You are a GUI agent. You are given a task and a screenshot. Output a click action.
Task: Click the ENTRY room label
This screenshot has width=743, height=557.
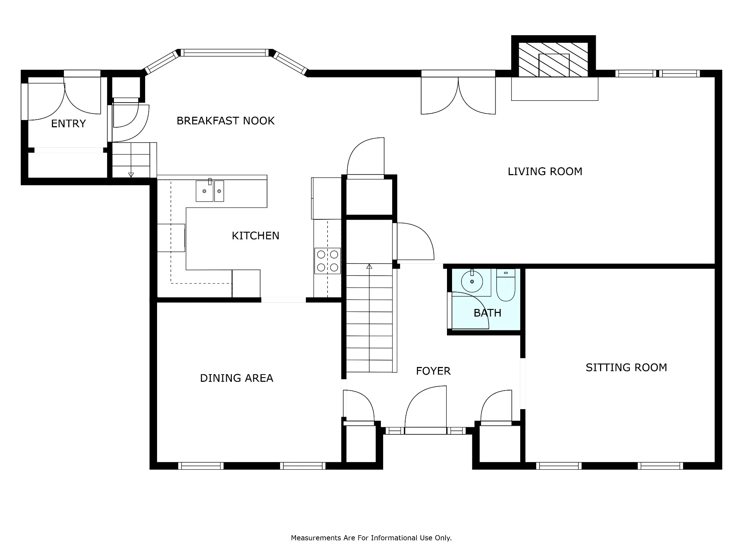[x=68, y=124]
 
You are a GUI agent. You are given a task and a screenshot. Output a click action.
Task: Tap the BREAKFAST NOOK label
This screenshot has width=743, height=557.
[x=225, y=121]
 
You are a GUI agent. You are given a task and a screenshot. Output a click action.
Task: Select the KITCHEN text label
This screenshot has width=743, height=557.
[x=255, y=236]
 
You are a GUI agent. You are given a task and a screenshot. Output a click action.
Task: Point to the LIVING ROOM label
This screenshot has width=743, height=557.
[x=545, y=172]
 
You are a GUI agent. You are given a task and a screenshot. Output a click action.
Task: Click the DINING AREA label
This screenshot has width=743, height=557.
[x=237, y=378]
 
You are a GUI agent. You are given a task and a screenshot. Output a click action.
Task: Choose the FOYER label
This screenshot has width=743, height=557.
[x=433, y=371]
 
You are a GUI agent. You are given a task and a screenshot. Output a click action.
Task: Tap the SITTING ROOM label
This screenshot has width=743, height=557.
[x=626, y=368]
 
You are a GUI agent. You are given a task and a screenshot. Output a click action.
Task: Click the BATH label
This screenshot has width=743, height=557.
[x=487, y=313]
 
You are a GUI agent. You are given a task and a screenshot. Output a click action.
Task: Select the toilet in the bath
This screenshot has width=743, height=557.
[x=506, y=285]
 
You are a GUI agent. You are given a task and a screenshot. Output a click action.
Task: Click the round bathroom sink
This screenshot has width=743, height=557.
[x=472, y=282]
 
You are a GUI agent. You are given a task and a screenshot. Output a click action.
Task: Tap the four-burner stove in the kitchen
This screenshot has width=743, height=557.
[x=328, y=261]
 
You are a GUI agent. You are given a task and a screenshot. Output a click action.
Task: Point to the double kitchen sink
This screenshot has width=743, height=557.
[x=210, y=191]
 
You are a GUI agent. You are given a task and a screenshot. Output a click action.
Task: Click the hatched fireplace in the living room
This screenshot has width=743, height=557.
[x=553, y=60]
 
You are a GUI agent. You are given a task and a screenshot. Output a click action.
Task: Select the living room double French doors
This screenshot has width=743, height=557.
[x=458, y=95]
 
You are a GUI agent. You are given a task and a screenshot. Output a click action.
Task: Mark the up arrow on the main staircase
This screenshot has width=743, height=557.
[x=369, y=267]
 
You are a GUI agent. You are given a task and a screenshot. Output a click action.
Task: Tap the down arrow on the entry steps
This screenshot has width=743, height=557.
[x=131, y=175]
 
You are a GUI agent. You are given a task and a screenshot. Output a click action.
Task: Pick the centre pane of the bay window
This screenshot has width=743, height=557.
[x=225, y=53]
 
